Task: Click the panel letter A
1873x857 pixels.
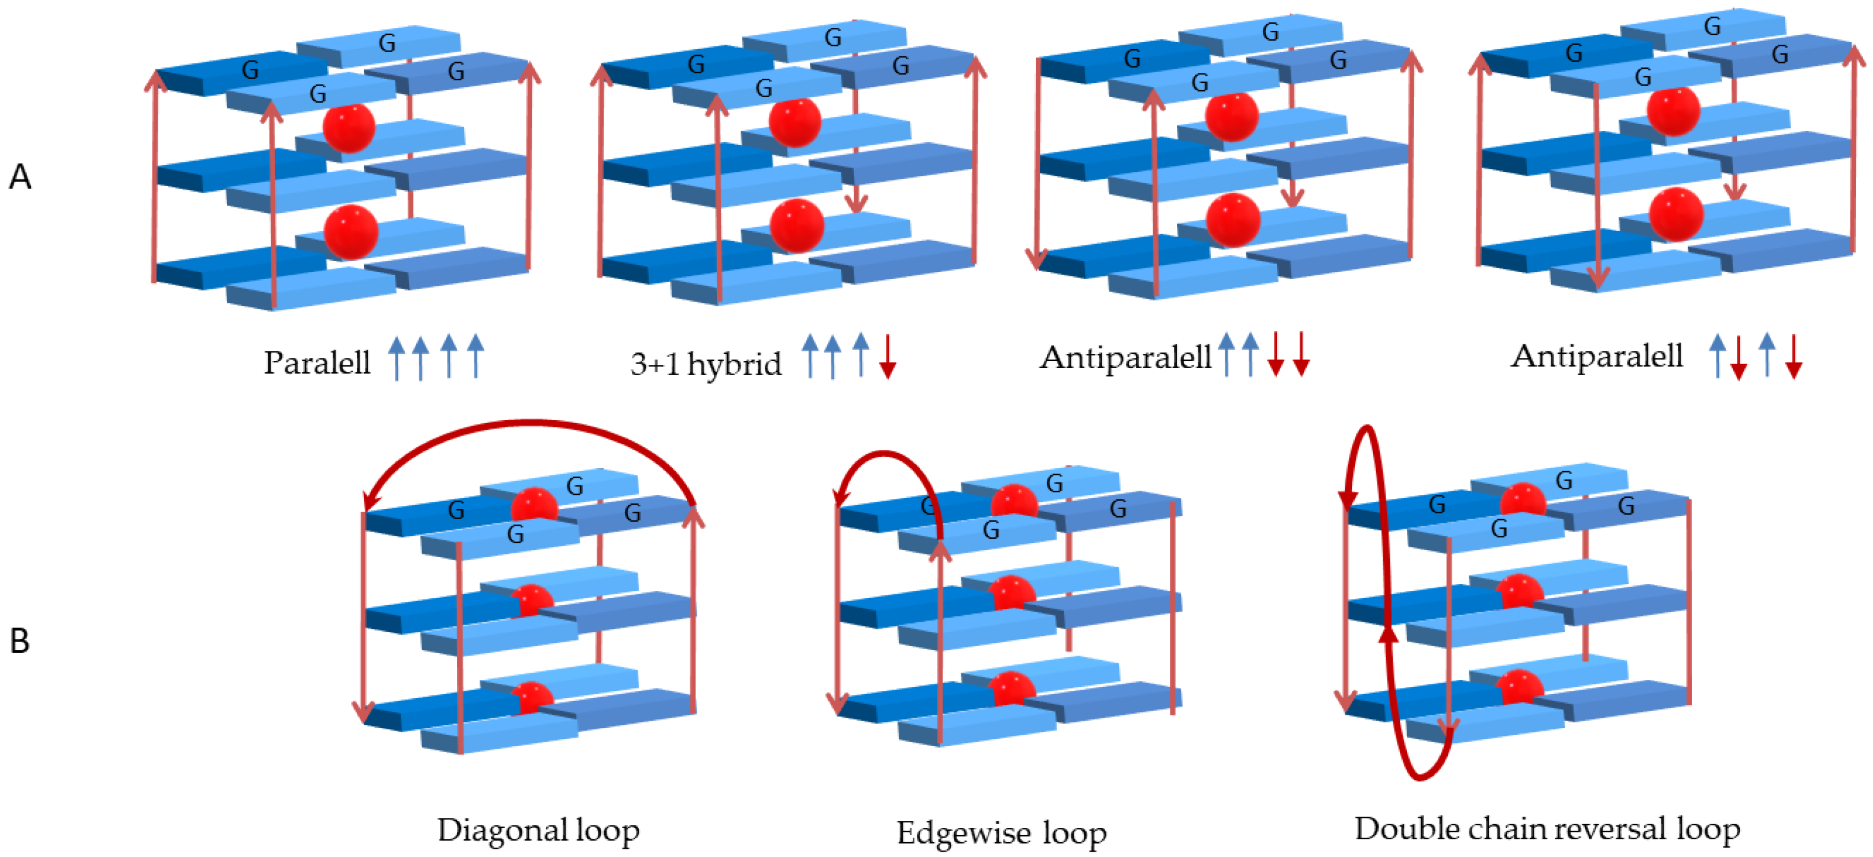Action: [20, 177]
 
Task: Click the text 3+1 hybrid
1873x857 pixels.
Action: [706, 363]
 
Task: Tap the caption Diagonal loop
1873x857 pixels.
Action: [538, 830]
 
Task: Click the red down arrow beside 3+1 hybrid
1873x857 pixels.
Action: [887, 356]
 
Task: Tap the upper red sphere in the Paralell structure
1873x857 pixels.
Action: [349, 128]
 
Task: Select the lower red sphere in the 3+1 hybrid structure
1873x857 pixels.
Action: [796, 226]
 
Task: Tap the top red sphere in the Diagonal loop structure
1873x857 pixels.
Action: [534, 505]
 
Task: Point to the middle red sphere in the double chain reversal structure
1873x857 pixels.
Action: [1520, 591]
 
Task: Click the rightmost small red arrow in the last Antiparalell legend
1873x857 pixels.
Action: [1794, 357]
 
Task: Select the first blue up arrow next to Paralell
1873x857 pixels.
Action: [396, 357]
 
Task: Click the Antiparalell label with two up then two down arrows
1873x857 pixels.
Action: [1124, 357]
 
